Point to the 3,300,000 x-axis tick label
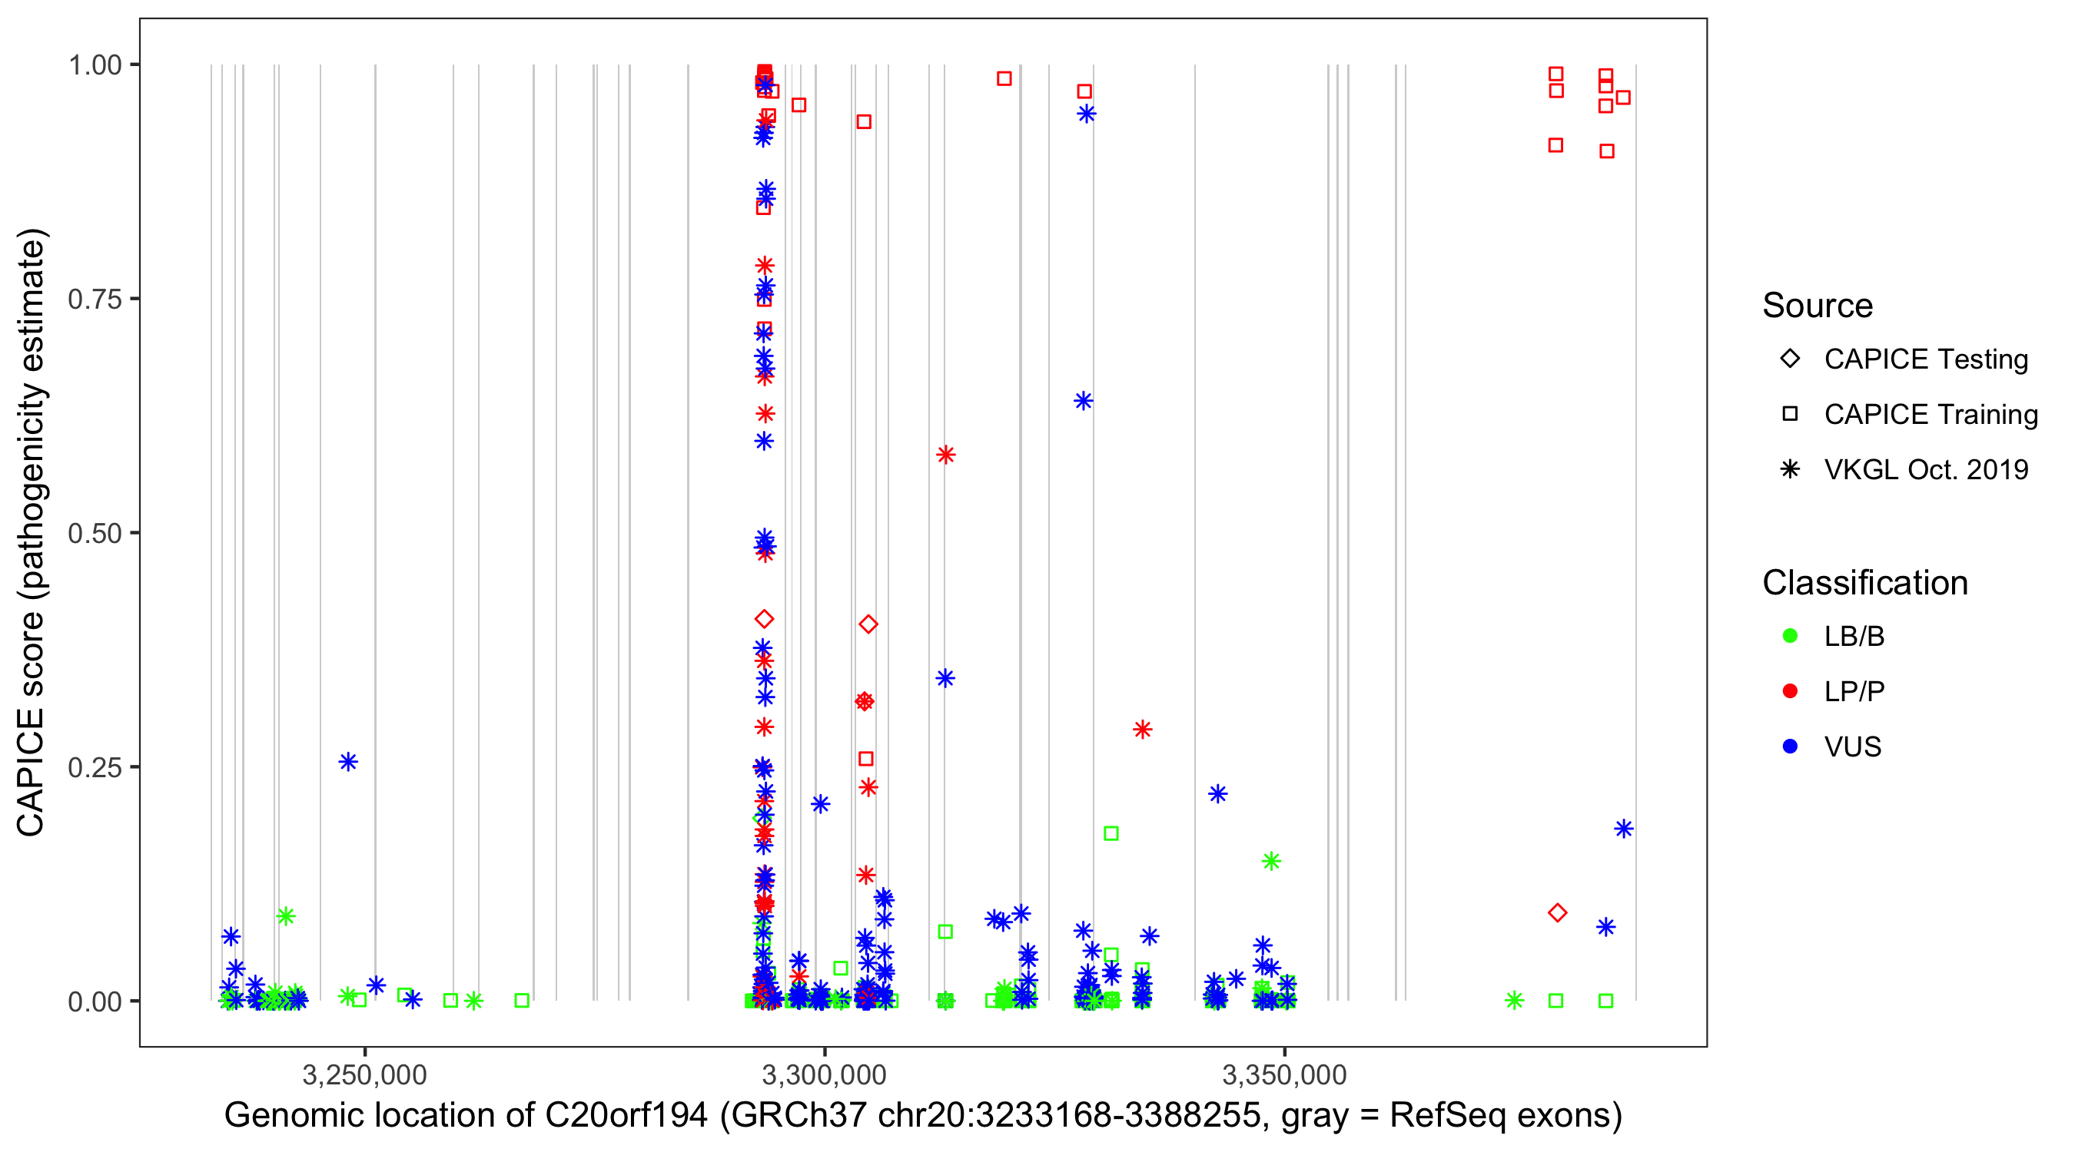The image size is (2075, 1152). pyautogui.click(x=824, y=1074)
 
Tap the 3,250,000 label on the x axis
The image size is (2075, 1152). pyautogui.click(x=365, y=1074)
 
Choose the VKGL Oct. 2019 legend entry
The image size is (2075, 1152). pyautogui.click(x=1926, y=469)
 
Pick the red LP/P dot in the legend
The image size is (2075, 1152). pyautogui.click(x=1790, y=691)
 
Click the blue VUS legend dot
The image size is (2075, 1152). pyautogui.click(x=1790, y=746)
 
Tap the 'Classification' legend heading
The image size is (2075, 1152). pyautogui.click(x=1864, y=583)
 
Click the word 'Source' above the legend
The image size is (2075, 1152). pyautogui.click(x=1818, y=306)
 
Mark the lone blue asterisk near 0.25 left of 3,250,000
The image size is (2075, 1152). pyautogui.click(x=348, y=762)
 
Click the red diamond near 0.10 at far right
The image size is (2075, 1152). pyautogui.click(x=1557, y=912)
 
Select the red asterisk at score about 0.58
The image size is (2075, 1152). pyautogui.click(x=946, y=455)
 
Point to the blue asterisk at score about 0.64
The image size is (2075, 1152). pyautogui.click(x=1084, y=401)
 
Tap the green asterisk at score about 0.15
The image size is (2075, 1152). pyautogui.click(x=1271, y=862)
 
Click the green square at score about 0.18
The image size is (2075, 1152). pyautogui.click(x=1111, y=833)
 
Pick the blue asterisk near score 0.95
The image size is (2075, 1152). pyautogui.click(x=1087, y=114)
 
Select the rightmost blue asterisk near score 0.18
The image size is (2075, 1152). pyautogui.click(x=1623, y=829)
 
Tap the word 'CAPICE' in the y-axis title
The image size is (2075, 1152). pyautogui.click(x=30, y=772)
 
